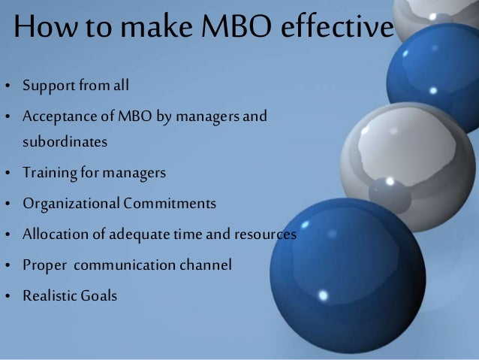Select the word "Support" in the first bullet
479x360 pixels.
[x=46, y=86]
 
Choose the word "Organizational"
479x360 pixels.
[x=71, y=204]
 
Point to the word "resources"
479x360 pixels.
[x=264, y=234]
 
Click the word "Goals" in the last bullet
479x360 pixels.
[x=99, y=296]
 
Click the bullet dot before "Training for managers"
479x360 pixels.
[x=8, y=174]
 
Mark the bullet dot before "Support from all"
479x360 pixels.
[x=8, y=86]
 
